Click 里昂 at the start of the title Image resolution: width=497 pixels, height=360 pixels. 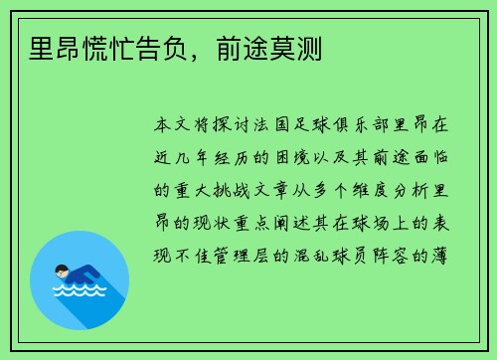tap(41, 47)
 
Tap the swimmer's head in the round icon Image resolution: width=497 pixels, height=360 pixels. tap(62, 270)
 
